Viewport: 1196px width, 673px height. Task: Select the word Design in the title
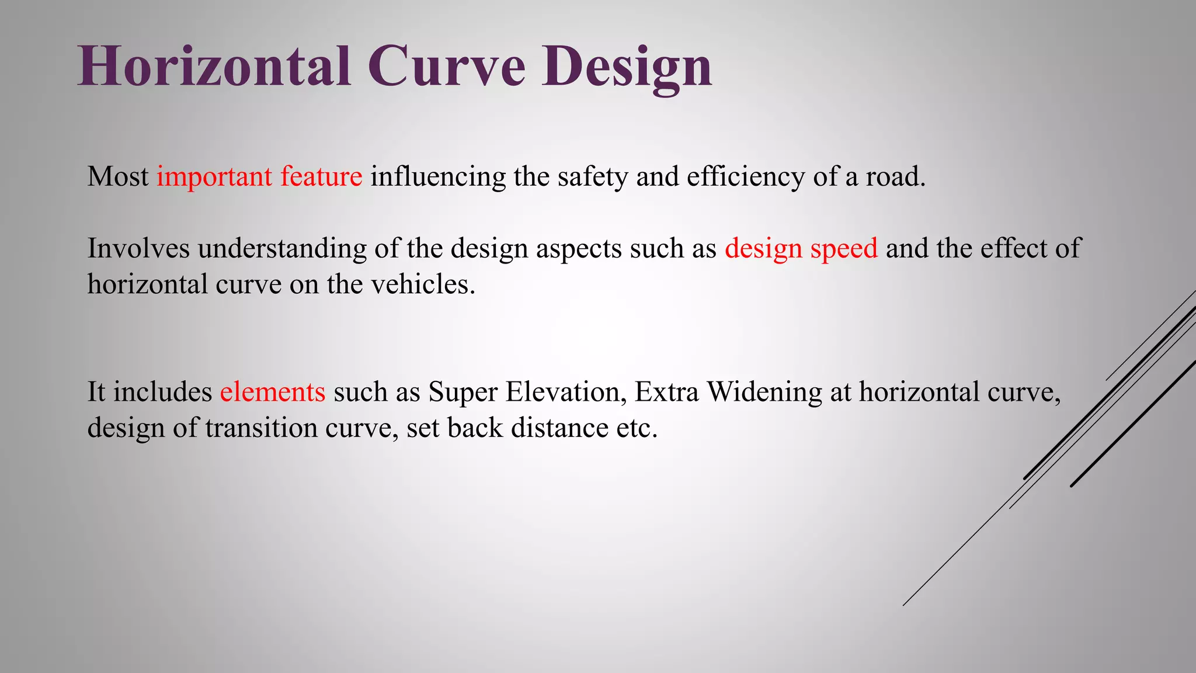click(626, 69)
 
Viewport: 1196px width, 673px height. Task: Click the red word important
click(214, 177)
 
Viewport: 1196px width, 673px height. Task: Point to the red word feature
click(321, 176)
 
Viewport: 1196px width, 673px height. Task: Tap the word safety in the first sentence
click(592, 177)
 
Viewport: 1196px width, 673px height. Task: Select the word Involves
click(138, 248)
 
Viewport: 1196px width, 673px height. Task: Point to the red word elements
click(272, 392)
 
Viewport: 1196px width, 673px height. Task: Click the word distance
click(559, 428)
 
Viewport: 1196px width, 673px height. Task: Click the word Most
click(118, 177)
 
